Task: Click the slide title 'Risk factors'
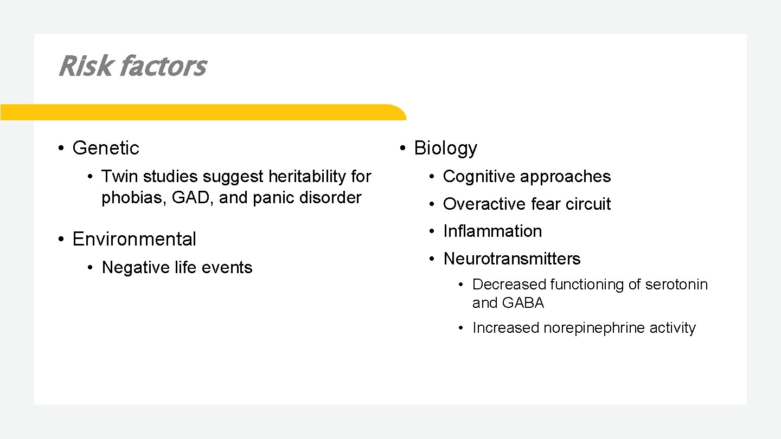pyautogui.click(x=132, y=67)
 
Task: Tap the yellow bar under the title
pyautogui.click(x=203, y=112)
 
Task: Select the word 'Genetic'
pyautogui.click(x=106, y=148)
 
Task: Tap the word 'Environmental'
pyautogui.click(x=134, y=239)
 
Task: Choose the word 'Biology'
pyautogui.click(x=445, y=148)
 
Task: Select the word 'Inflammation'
pyautogui.click(x=492, y=231)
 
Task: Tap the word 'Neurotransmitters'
pyautogui.click(x=511, y=259)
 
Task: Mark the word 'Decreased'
pyautogui.click(x=509, y=285)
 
